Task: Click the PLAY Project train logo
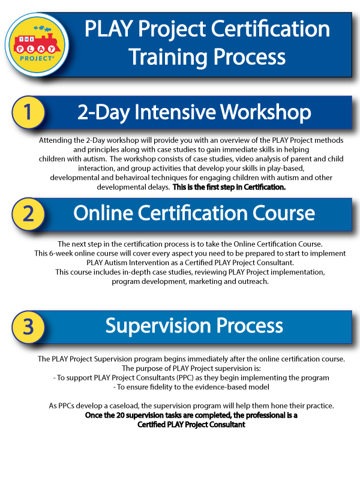coord(37,44)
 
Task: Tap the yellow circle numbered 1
coord(28,112)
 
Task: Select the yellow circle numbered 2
coord(28,214)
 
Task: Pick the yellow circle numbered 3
coord(28,326)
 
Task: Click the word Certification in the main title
coord(270,29)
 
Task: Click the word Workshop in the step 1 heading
coord(265,112)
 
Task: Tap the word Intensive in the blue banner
coord(175,112)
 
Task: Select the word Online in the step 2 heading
coord(103,213)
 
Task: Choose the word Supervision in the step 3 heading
coord(158,326)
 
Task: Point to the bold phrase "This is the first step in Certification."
coord(229,187)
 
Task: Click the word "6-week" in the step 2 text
coord(61,253)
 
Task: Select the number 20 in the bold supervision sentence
coord(120,415)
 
